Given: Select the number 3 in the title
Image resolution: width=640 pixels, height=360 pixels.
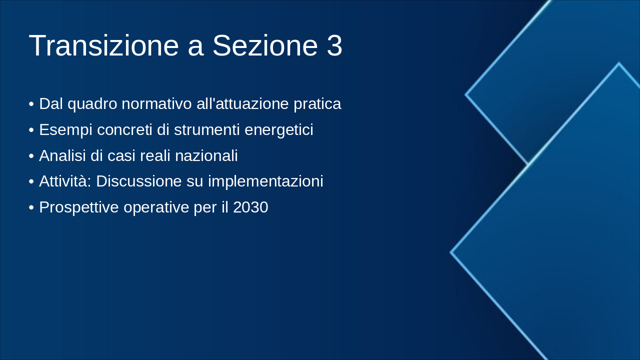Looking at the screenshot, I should [x=334, y=46].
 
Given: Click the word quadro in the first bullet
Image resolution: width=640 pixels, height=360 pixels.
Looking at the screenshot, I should [x=94, y=104].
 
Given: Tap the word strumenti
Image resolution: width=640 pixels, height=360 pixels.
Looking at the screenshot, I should [x=206, y=130].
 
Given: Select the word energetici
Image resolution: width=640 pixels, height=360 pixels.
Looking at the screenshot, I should [x=279, y=130].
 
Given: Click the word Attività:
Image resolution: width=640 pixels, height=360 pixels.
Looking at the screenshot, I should [x=65, y=181].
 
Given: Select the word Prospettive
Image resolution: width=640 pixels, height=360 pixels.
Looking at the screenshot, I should [x=78, y=207].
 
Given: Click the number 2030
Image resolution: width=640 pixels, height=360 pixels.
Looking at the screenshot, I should [x=250, y=207].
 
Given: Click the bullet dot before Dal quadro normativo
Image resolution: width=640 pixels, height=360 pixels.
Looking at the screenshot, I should [x=31, y=104].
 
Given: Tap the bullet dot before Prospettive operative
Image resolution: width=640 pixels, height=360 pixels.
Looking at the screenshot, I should [x=31, y=207].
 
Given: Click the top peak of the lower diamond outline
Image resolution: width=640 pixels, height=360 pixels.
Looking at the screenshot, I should [x=618, y=63].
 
